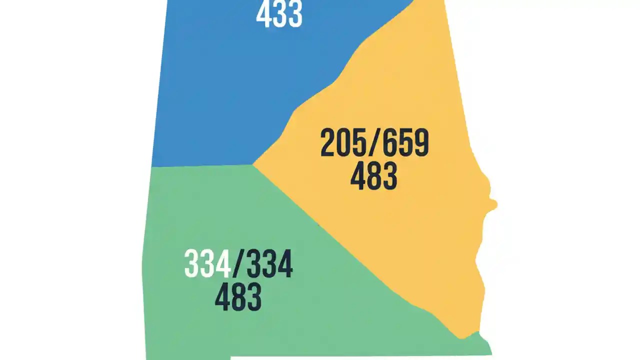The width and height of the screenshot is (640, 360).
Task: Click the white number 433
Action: point(279,15)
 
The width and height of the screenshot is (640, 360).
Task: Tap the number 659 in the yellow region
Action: point(405,143)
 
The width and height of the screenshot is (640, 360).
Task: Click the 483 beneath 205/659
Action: point(373,176)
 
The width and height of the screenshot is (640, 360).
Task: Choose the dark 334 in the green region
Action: point(269,264)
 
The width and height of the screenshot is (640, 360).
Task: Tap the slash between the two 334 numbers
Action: point(237,264)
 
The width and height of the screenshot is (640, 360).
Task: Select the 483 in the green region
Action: point(238,296)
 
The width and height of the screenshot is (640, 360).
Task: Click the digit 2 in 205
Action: point(328,143)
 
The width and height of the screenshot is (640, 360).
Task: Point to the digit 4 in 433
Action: point(263,15)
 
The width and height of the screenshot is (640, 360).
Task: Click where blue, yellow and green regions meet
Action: point(253,164)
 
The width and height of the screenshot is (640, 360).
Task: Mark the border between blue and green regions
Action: point(200,165)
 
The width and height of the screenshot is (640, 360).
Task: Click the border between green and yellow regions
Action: point(350,250)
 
